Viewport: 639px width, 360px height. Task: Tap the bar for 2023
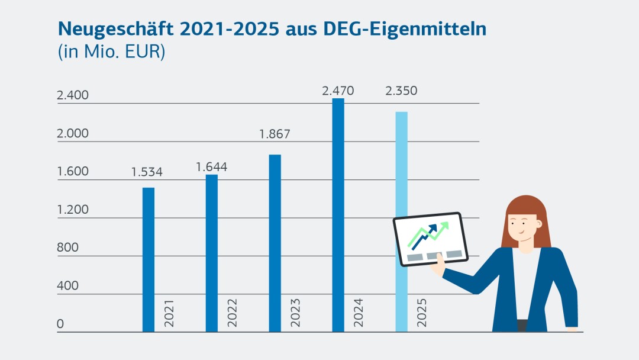pos(275,243)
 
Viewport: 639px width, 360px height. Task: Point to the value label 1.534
pos(147,173)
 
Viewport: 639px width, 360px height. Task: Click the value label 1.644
pos(211,167)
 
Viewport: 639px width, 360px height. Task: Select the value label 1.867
pos(275,134)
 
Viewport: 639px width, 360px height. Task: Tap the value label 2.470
pos(338,91)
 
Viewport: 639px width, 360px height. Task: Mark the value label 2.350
pos(401,91)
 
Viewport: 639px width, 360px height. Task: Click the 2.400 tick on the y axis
pos(72,95)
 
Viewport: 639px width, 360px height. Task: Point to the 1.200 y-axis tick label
pos(72,210)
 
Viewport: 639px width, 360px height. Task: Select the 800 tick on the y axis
pos(67,247)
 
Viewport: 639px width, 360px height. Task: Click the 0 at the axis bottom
pos(60,324)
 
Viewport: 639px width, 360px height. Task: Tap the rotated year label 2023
pos(295,312)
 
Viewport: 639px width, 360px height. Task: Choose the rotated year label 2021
pos(169,312)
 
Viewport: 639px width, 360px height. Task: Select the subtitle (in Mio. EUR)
pos(111,52)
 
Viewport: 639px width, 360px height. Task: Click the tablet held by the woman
pos(430,239)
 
